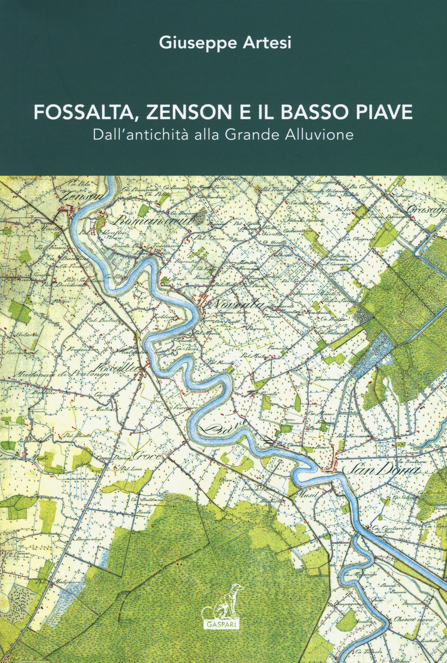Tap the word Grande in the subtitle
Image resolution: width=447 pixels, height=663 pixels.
(251, 135)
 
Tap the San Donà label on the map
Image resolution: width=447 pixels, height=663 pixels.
(382, 471)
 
